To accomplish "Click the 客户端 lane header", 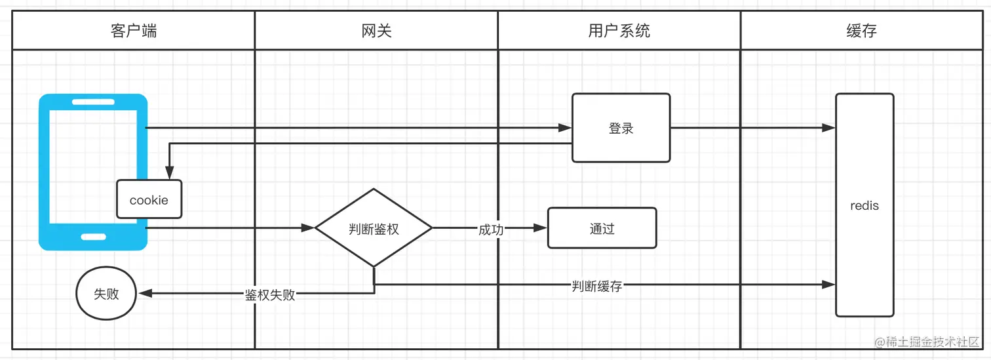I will tap(134, 31).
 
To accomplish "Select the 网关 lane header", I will tap(376, 31).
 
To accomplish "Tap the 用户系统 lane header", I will tap(619, 31).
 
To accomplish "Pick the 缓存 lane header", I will tap(861, 31).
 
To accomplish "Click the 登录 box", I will tap(621, 128).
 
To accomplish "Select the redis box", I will tap(864, 205).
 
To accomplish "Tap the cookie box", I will tap(149, 200).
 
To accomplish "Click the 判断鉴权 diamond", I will tap(374, 228).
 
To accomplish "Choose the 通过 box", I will tap(602, 228).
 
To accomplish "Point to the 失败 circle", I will tap(106, 294).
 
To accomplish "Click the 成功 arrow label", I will tap(491, 229).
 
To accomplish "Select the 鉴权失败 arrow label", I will tap(270, 294).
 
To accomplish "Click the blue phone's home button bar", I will tap(93, 237).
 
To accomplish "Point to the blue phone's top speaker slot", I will tap(93, 102).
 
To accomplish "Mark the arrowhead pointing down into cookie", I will tap(170, 174).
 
